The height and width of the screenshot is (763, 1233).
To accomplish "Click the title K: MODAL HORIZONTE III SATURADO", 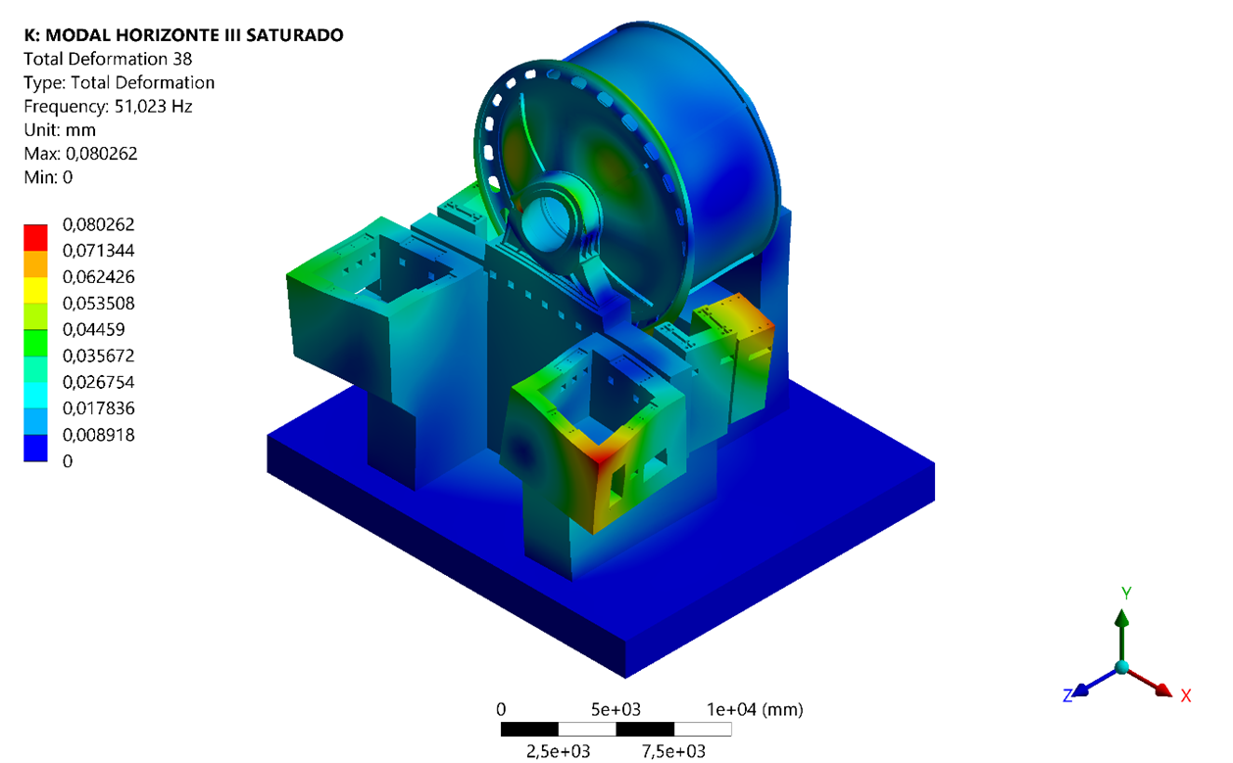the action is click(x=183, y=35).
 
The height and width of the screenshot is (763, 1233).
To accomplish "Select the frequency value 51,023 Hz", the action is click(x=153, y=106).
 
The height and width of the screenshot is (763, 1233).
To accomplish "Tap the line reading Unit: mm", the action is click(x=60, y=130).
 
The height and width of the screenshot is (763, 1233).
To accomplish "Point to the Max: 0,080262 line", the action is click(x=80, y=154).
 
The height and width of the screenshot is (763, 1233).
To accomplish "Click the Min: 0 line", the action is click(x=48, y=177).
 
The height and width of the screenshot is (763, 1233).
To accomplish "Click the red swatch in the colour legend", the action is click(x=35, y=238).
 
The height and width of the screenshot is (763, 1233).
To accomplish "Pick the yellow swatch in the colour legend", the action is click(x=35, y=290).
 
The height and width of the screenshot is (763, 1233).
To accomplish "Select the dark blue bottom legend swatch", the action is click(x=35, y=448).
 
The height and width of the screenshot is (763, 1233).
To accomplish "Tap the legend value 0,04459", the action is click(x=93, y=329).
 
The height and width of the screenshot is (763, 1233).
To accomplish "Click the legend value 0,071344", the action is click(x=98, y=251).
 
